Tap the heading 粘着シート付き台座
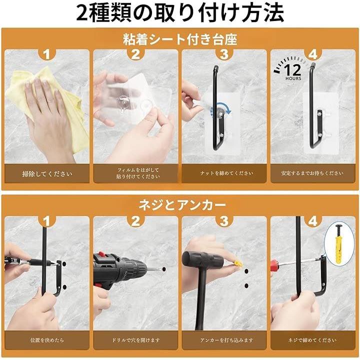click(x=180, y=39)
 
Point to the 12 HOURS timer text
click(x=292, y=72)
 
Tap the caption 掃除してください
click(x=47, y=174)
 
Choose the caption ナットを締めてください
click(x=226, y=173)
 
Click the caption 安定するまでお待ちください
click(x=312, y=173)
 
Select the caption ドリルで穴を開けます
click(x=135, y=340)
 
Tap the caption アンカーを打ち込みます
click(x=226, y=340)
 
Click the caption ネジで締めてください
click(x=312, y=340)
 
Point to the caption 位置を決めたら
click(x=47, y=340)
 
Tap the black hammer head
click(x=202, y=259)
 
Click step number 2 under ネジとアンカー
click(x=135, y=221)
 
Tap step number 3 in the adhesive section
click(x=224, y=54)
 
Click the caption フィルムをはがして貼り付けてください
click(x=138, y=173)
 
